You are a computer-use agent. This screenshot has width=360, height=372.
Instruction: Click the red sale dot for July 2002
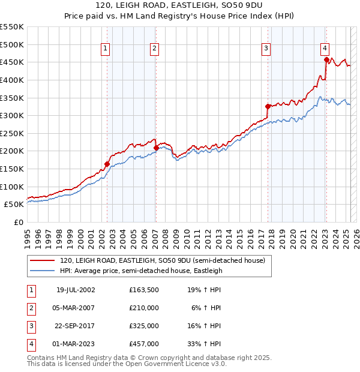[x=107, y=164]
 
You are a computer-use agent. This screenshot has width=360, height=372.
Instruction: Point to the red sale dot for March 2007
[x=156, y=148]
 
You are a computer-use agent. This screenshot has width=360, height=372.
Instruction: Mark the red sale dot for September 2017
[x=268, y=107]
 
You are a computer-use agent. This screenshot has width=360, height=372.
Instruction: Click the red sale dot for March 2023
[x=326, y=59]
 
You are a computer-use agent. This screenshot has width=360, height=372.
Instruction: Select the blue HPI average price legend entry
[x=141, y=271]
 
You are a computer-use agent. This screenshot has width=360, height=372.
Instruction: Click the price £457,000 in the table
[x=144, y=344]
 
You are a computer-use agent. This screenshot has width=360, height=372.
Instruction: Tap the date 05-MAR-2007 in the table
[x=76, y=308]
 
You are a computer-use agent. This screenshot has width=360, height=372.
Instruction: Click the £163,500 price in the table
[x=144, y=290]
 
